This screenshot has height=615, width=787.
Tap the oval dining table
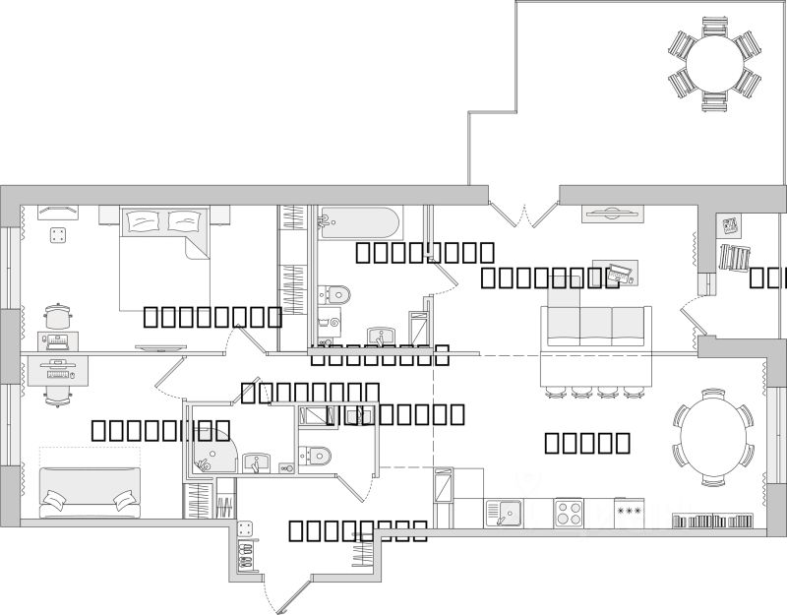tap(713, 438)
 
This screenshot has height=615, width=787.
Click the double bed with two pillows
tap(162, 256)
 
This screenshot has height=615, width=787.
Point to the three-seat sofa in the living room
tap(596, 325)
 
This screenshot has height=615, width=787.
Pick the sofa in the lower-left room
tap(89, 492)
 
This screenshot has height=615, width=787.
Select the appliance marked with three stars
tap(629, 513)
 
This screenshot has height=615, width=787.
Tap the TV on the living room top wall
tap(612, 212)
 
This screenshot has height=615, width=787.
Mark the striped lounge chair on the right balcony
tap(735, 257)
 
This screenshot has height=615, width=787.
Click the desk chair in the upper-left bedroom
tap(57, 318)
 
